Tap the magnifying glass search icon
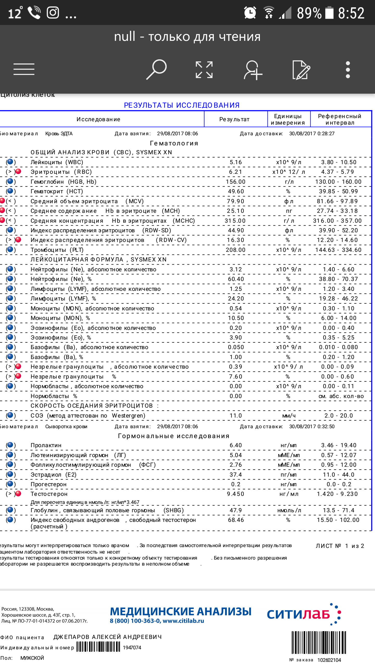point(157,69)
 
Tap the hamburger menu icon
point(24,69)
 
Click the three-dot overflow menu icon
point(348,70)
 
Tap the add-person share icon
point(253,70)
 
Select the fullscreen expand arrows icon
point(204,70)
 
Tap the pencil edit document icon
point(301,70)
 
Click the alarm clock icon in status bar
point(250,12)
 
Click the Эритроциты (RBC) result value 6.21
point(236,172)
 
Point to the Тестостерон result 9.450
point(236,494)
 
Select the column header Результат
point(235,119)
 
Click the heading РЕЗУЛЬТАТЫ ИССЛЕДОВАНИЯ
point(182,105)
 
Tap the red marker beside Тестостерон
point(18,494)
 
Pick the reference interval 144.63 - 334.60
point(338,250)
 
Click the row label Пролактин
point(46,445)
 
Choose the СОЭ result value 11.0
point(236,416)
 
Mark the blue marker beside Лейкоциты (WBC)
point(10,162)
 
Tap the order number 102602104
point(329,660)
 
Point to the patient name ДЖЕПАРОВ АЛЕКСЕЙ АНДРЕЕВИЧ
point(108,637)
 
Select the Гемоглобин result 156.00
point(236,182)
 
